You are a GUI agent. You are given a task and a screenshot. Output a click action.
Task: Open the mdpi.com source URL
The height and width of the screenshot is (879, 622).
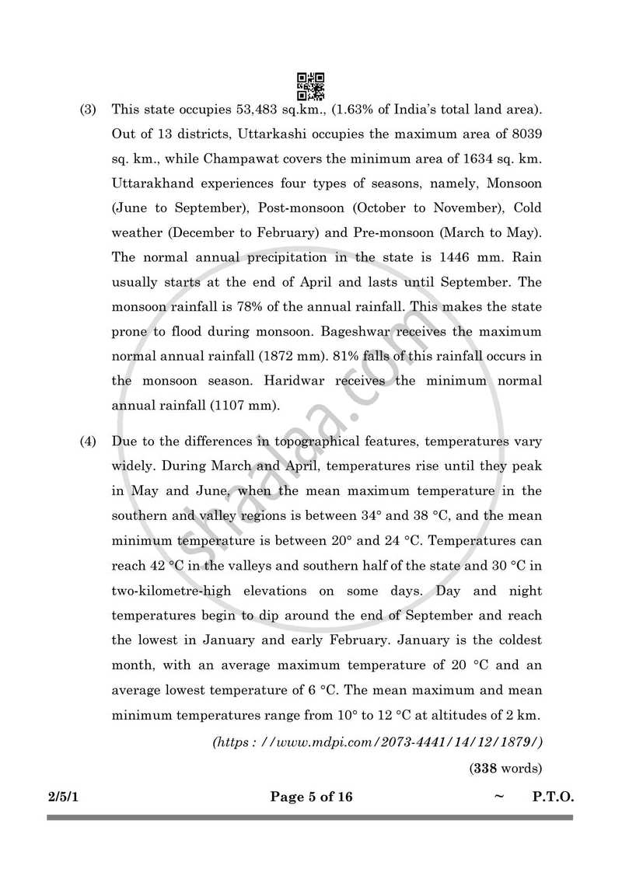pyautogui.click(x=377, y=741)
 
